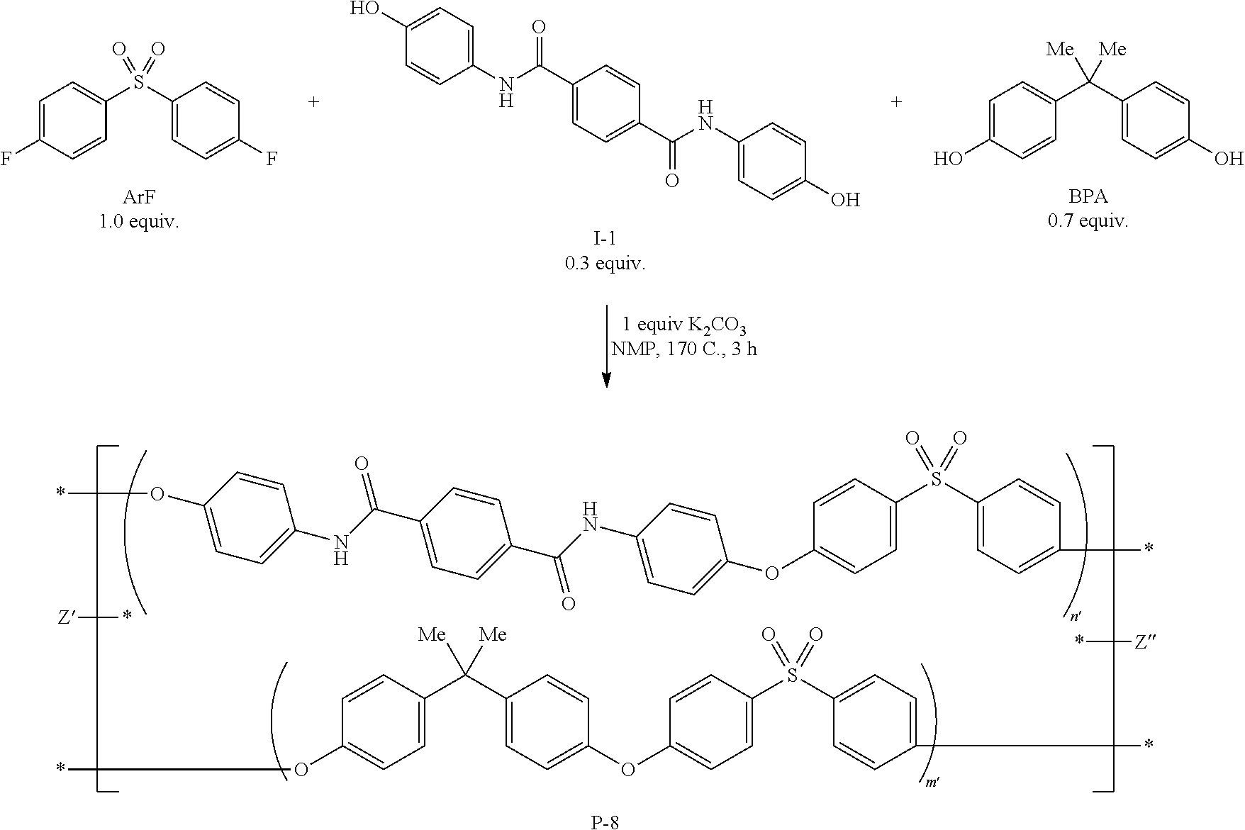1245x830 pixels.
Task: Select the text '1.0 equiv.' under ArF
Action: (x=139, y=221)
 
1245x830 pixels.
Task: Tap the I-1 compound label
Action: (x=605, y=242)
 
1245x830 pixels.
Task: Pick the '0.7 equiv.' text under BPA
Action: (x=1088, y=221)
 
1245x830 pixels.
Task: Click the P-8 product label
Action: (x=605, y=821)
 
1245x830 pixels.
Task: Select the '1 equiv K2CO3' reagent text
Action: (x=683, y=326)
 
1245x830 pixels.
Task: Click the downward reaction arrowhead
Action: (x=606, y=380)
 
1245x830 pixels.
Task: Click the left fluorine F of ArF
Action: (x=6, y=159)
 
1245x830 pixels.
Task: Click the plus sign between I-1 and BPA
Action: (x=897, y=102)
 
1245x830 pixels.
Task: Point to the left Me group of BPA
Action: (x=1061, y=50)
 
